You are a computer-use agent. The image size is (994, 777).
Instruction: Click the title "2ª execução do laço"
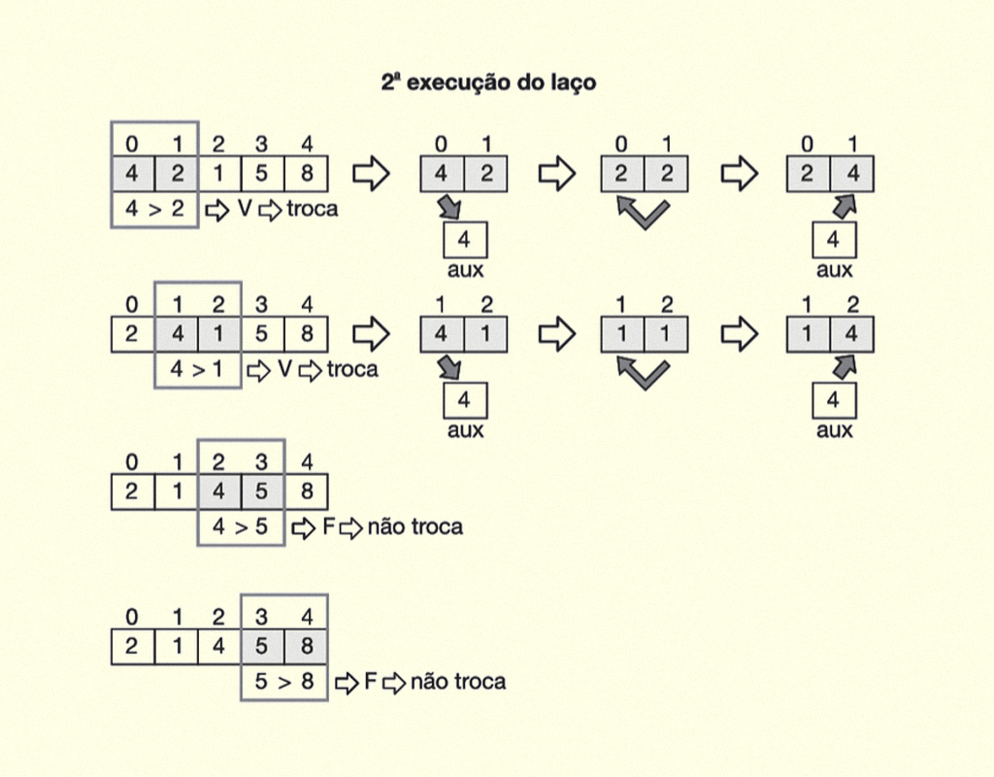pos(488,83)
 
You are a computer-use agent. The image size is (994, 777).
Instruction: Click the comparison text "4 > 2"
pos(154,209)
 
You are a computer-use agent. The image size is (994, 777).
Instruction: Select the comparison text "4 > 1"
pos(197,369)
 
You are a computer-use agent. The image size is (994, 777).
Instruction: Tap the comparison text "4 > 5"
pos(241,526)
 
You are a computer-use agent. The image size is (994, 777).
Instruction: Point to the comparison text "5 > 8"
pos(284,682)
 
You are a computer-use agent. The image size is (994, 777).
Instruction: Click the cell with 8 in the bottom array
pos(307,646)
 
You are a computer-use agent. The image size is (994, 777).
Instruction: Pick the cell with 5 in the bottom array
pos(262,646)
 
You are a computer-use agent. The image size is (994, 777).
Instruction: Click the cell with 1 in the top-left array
pos(219,173)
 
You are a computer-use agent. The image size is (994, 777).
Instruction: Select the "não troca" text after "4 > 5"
pos(415,526)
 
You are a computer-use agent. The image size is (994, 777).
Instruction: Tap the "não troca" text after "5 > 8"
pos(458,682)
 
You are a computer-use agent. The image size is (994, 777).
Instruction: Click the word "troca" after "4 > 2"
pos(313,209)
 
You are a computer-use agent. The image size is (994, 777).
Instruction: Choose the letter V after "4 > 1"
pos(284,368)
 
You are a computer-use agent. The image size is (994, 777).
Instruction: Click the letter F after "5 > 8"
pos(370,682)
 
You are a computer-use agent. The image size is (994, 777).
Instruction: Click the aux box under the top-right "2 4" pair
pos(834,240)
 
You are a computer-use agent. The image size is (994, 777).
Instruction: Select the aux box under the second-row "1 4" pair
pos(834,400)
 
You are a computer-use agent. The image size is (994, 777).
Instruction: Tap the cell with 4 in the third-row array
pos(219,491)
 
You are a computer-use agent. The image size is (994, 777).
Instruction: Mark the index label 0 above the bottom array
pos(131,617)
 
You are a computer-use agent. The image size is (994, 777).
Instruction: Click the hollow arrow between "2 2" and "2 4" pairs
pos(739,173)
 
